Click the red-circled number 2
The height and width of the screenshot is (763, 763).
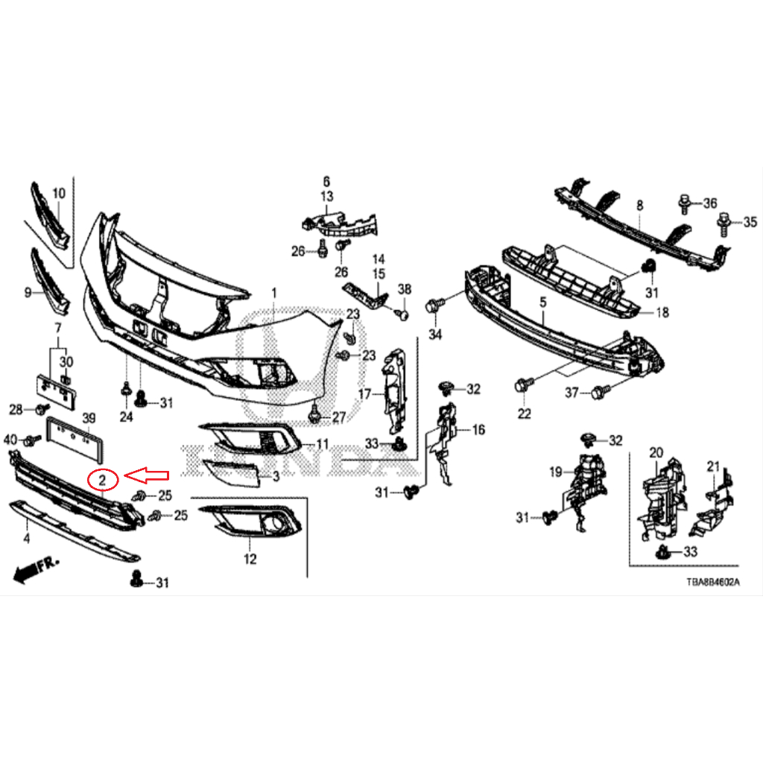103,479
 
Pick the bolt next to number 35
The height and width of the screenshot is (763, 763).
723,221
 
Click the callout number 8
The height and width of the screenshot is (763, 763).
639,204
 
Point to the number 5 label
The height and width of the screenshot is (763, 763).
542,302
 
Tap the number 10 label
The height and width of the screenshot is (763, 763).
59,194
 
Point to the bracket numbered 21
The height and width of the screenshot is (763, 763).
710,507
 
